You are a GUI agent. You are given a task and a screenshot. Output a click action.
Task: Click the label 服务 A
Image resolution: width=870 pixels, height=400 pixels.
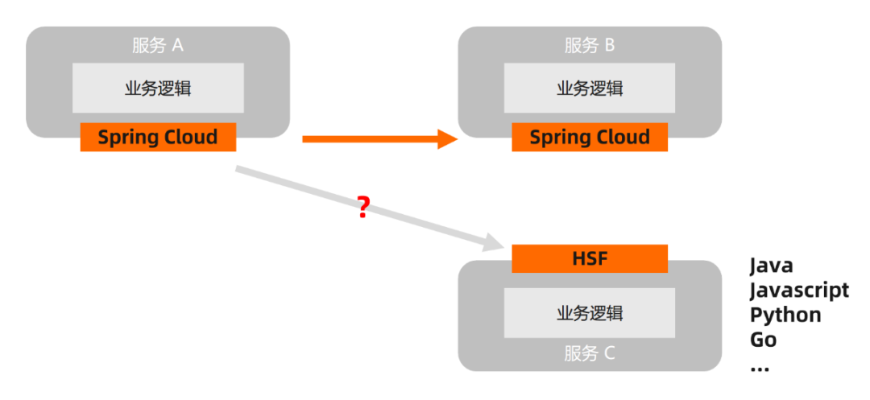(x=158, y=45)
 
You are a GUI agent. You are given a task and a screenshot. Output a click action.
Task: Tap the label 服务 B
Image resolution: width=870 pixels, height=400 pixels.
(x=590, y=45)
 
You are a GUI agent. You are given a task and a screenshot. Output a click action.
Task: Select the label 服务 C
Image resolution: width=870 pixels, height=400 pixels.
(x=590, y=353)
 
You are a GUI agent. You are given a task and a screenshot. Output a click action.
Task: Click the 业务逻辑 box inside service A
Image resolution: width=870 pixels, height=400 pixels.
(x=158, y=89)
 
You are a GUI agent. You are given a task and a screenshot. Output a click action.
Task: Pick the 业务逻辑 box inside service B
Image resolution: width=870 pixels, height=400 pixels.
(x=590, y=89)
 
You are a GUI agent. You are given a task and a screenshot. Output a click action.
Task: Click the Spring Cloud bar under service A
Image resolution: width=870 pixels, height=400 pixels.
(x=158, y=137)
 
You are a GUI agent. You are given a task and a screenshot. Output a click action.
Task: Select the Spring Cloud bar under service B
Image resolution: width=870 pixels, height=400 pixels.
(x=590, y=137)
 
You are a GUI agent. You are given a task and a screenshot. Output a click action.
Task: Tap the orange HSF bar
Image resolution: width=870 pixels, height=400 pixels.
(x=590, y=258)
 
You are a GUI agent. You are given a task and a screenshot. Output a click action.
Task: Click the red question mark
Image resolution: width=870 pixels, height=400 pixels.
(x=363, y=208)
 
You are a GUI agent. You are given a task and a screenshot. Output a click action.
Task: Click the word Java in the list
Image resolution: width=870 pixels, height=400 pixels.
(x=771, y=266)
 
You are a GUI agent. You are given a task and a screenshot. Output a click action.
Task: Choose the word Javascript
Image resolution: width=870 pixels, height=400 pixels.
(x=799, y=290)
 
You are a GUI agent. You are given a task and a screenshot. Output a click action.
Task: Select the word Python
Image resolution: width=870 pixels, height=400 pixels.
(x=785, y=314)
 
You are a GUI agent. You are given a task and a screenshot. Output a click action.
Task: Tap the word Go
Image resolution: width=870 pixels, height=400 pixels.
(x=763, y=339)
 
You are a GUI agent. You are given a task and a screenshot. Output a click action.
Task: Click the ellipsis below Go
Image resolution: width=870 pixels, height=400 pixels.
(x=759, y=367)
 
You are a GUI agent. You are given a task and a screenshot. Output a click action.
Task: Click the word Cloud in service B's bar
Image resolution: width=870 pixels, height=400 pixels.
(x=621, y=137)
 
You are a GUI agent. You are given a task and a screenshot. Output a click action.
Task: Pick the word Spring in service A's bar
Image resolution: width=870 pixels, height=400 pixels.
(x=126, y=138)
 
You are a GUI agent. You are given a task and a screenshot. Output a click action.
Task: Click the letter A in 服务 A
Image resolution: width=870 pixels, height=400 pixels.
(x=177, y=45)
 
